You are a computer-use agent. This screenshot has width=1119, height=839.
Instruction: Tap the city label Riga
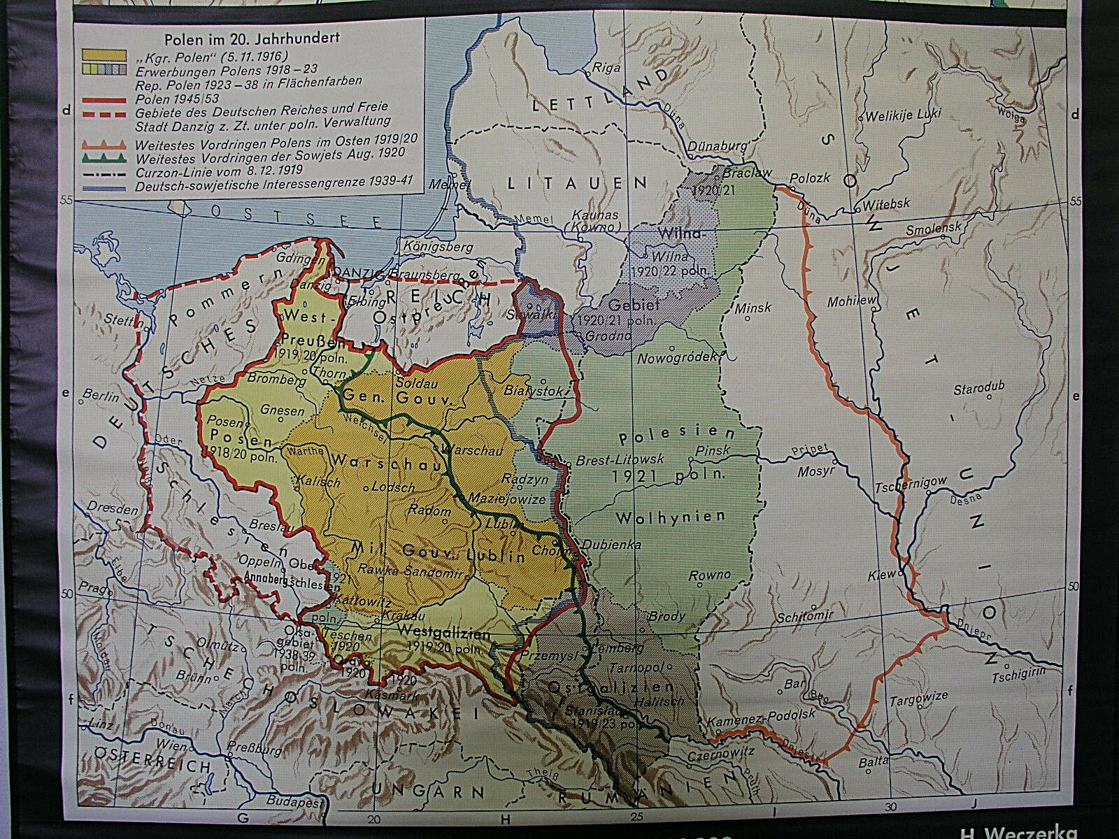click(x=602, y=68)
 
